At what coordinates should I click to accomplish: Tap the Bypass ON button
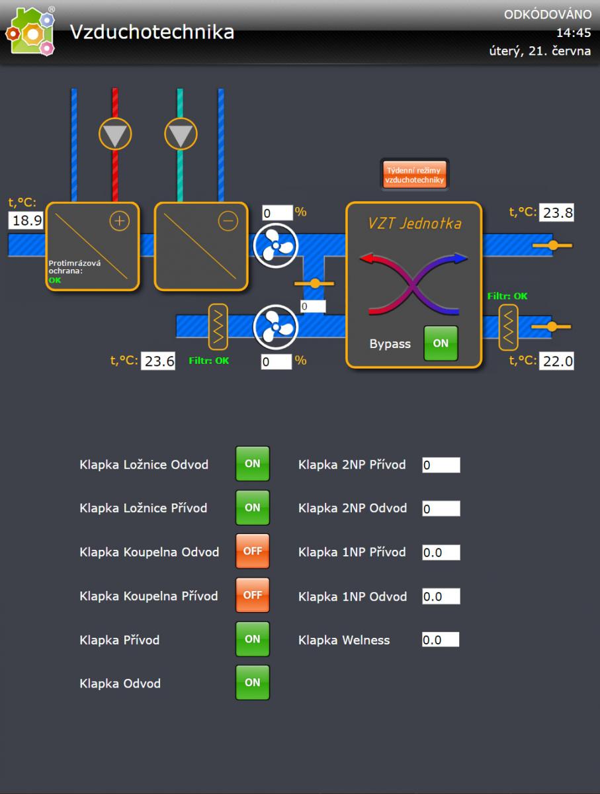(x=441, y=343)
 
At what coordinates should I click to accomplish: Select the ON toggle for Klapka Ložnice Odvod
(x=253, y=464)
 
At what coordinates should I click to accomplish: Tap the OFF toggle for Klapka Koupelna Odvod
(x=253, y=551)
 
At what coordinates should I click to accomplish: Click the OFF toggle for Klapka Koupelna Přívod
(x=253, y=595)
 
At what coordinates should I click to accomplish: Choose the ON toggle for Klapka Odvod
(x=253, y=682)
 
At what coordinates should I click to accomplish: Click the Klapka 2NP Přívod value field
(x=441, y=465)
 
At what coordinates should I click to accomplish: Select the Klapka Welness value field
(x=441, y=640)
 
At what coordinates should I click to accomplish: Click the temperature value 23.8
(x=558, y=212)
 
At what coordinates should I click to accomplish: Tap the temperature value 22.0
(x=558, y=361)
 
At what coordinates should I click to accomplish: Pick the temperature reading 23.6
(x=159, y=361)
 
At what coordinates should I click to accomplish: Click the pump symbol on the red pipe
(x=115, y=134)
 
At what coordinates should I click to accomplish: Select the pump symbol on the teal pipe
(x=180, y=134)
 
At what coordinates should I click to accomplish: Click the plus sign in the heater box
(x=119, y=222)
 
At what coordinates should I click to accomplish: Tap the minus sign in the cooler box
(x=228, y=222)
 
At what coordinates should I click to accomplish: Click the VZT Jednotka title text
(x=415, y=224)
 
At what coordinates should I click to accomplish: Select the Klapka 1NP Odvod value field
(x=441, y=596)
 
